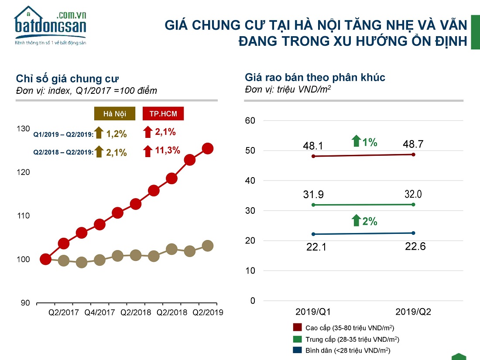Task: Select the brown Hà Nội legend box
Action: (x=115, y=114)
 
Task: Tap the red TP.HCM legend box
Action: (x=163, y=114)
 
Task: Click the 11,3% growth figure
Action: (x=168, y=151)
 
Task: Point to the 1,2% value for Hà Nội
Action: (x=117, y=134)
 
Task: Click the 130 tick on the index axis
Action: (x=24, y=129)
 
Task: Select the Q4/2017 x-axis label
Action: (x=100, y=312)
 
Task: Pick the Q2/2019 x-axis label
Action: (x=208, y=312)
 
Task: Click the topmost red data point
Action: (x=208, y=148)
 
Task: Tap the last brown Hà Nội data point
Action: (x=208, y=246)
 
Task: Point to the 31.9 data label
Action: (x=314, y=194)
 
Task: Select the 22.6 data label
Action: (x=415, y=246)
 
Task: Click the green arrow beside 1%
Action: (x=356, y=141)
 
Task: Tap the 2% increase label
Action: (x=370, y=221)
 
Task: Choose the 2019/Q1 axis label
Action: (x=313, y=312)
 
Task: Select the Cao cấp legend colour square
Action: (x=298, y=328)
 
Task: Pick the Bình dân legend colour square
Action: (x=298, y=350)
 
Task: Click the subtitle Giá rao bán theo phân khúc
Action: (x=315, y=78)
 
